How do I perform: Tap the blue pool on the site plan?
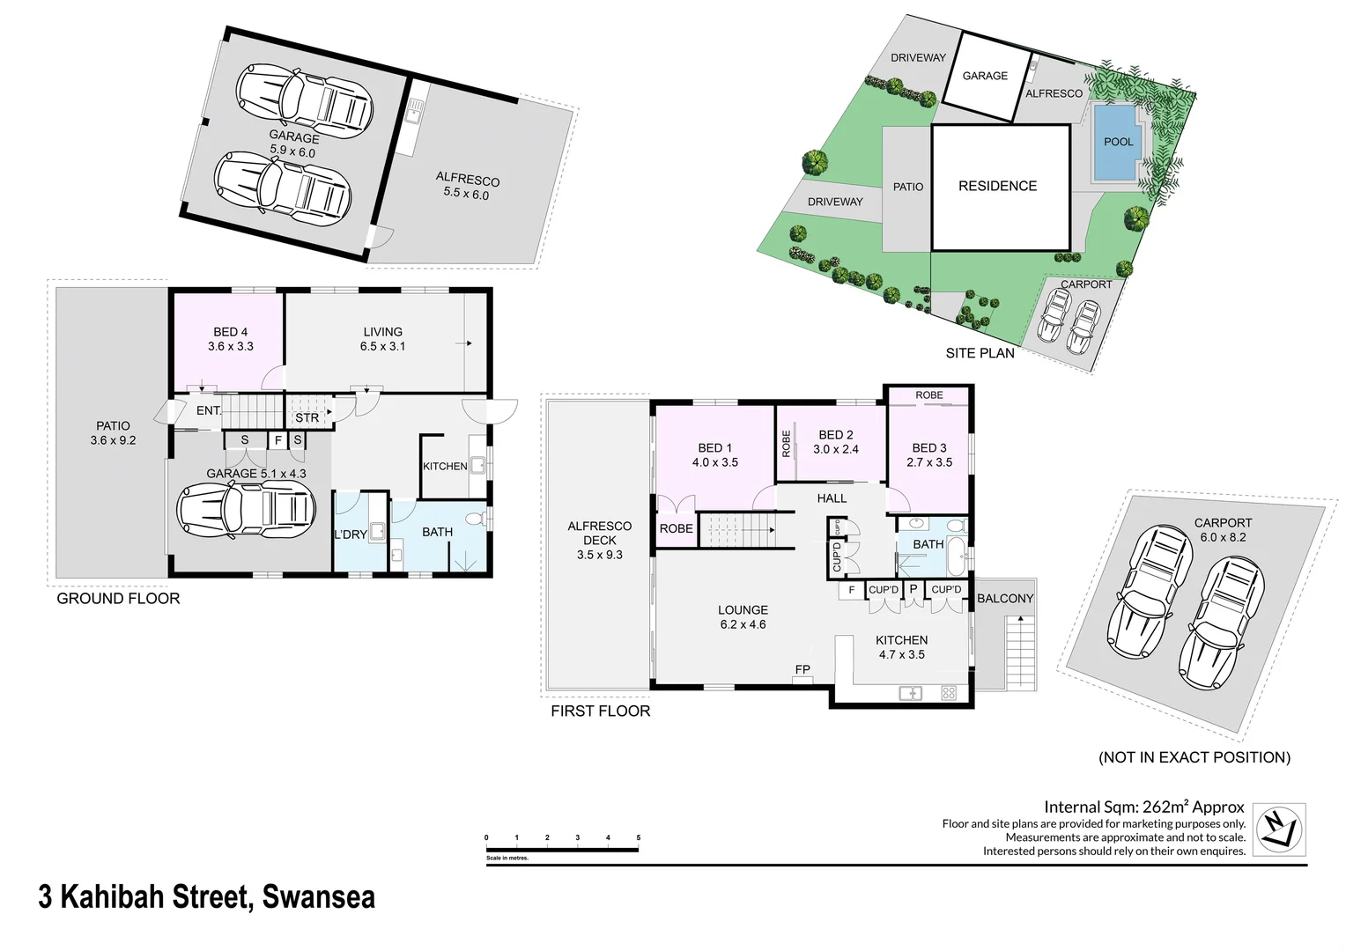point(1117,143)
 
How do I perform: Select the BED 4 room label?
point(230,332)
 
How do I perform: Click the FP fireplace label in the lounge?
point(802,669)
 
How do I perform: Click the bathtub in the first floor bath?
point(958,557)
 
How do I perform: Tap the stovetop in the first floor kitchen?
point(949,693)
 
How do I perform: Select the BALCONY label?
point(1005,599)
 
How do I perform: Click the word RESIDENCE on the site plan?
point(997,186)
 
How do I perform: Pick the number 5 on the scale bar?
point(638,837)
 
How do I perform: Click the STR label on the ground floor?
point(307,417)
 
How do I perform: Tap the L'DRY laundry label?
point(351,534)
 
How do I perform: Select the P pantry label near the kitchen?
point(913,589)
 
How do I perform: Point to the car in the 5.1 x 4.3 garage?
point(247,510)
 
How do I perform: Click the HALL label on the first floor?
point(832,498)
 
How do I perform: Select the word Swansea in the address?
point(319,897)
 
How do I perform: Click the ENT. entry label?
point(209,411)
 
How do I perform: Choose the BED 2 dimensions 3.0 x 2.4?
point(835,449)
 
